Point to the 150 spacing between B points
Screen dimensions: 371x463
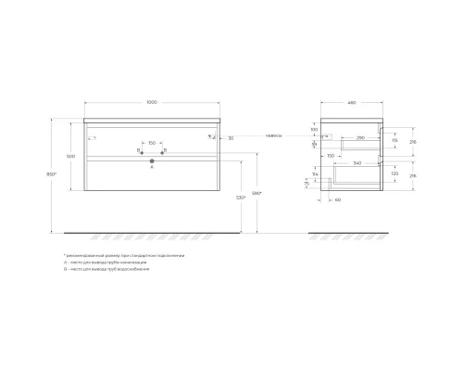point(152,143)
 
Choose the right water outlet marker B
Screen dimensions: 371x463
point(163,149)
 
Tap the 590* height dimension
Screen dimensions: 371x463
point(257,192)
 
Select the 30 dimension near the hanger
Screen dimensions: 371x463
point(231,137)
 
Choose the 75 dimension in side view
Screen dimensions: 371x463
point(307,184)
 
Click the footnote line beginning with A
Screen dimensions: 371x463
point(103,262)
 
